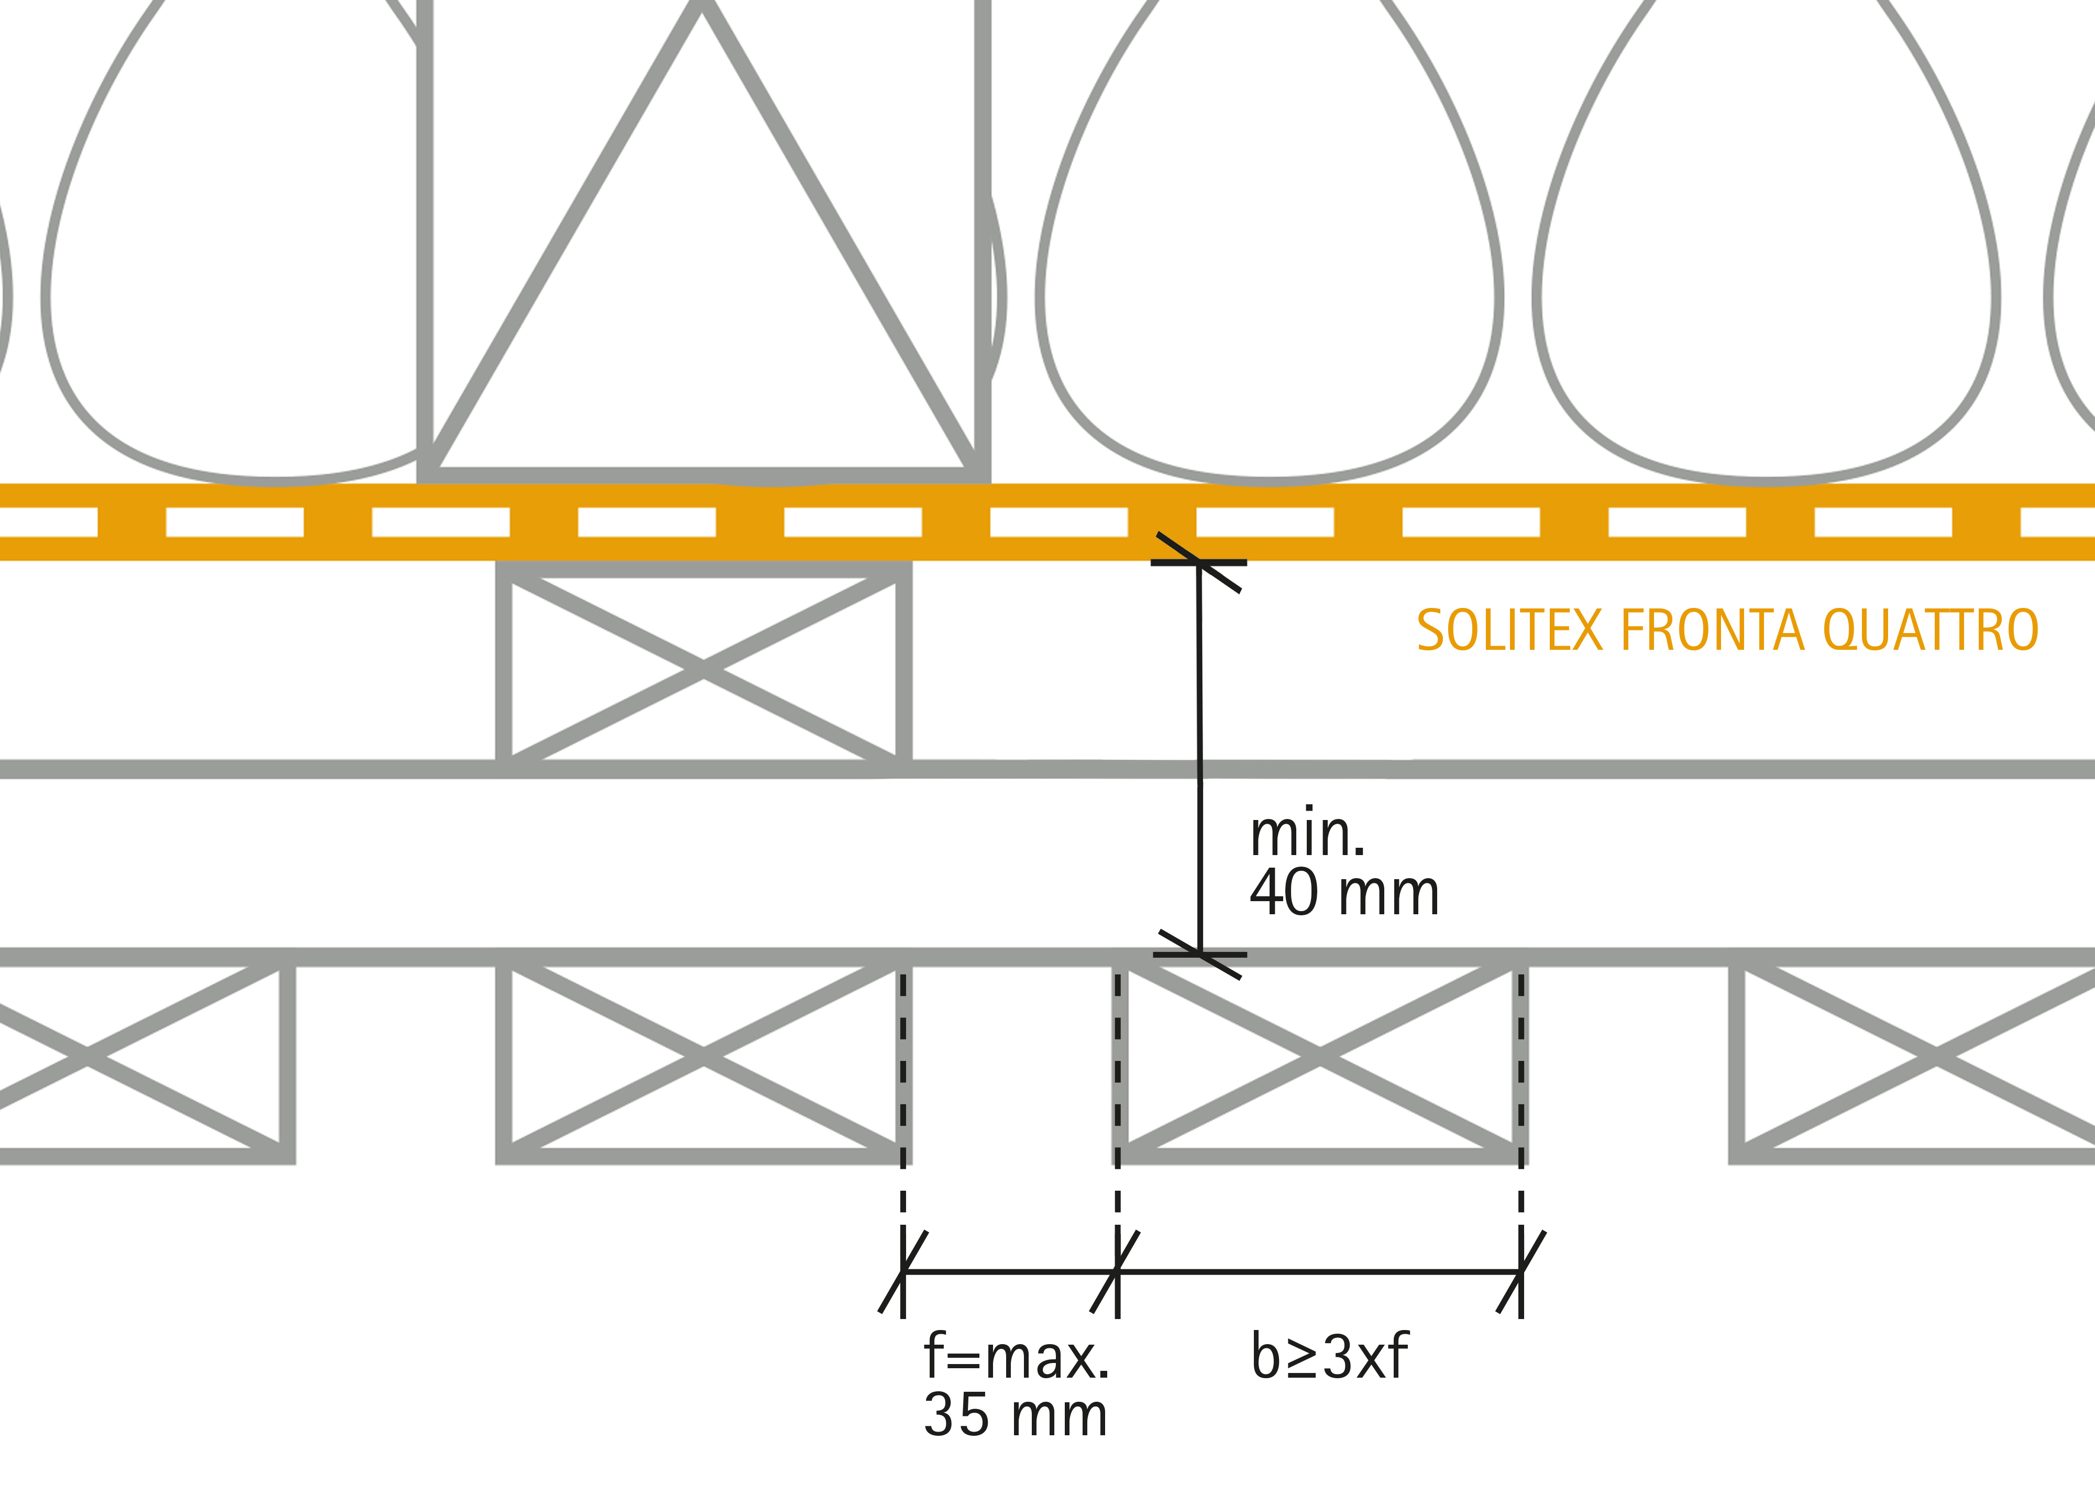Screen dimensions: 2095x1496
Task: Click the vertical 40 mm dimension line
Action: pos(1199,758)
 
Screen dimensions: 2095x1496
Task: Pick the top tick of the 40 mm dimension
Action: pos(1198,562)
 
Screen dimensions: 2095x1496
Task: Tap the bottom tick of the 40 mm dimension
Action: pos(1199,955)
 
